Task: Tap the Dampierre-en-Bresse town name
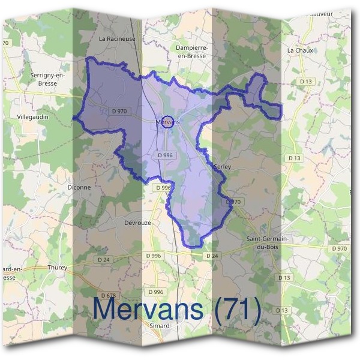[191, 52]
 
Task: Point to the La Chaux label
[300, 51]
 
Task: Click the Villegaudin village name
[33, 116]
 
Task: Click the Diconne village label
[79, 187]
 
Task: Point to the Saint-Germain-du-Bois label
[268, 242]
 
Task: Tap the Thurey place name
[58, 268]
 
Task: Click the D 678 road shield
[109, 295]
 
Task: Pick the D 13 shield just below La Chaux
[306, 80]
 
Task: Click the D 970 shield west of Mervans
[120, 111]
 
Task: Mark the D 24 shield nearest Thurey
[102, 260]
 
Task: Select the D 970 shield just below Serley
[233, 202]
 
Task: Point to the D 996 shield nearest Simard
[155, 292]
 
